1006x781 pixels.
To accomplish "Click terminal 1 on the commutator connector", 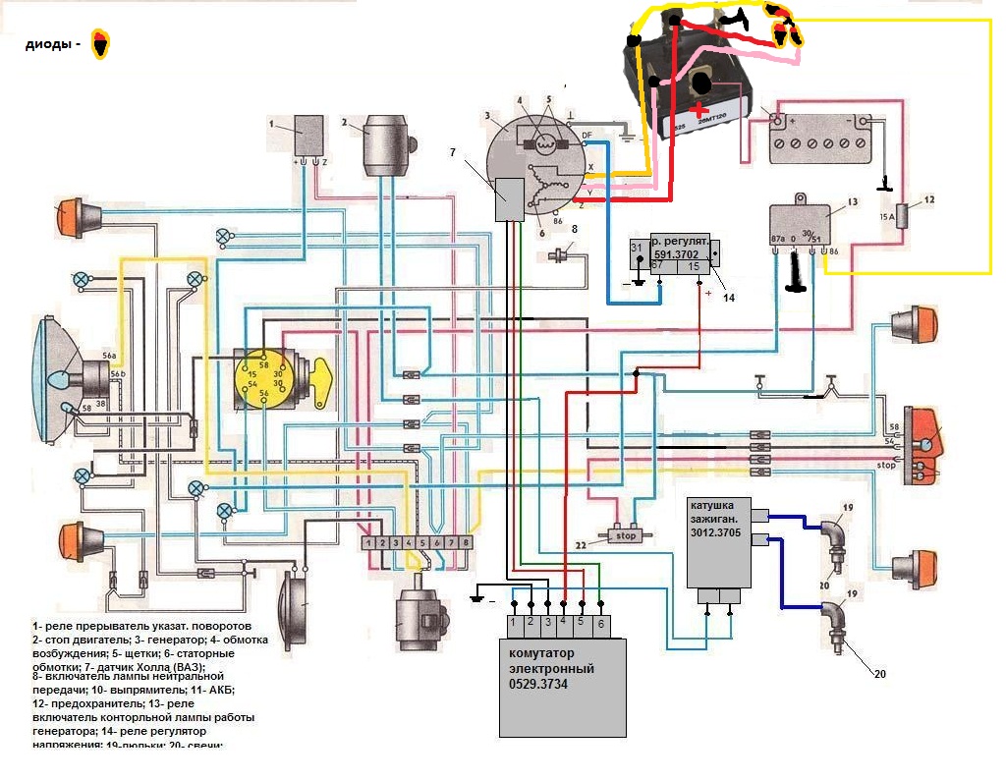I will pos(514,622).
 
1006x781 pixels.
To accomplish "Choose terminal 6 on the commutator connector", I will pos(601,622).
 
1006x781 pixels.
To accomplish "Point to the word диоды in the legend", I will pos(51,44).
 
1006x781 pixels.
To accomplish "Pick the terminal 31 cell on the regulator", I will pos(637,247).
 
